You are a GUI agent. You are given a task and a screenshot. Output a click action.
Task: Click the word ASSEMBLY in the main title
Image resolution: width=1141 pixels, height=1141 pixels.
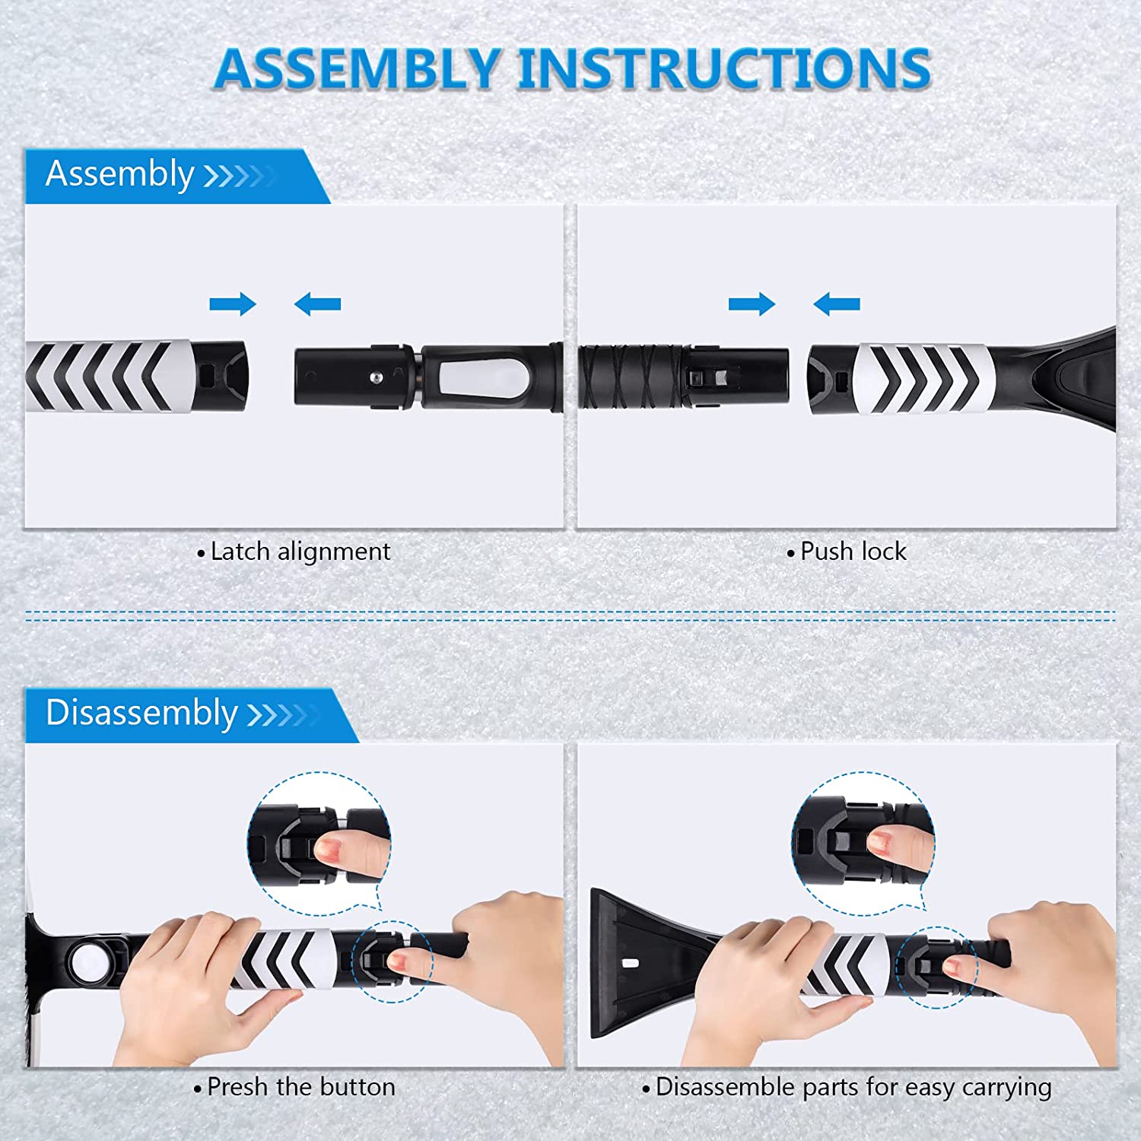pyautogui.click(x=358, y=68)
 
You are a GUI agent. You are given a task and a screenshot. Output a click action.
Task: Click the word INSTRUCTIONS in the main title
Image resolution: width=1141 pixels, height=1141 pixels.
pyautogui.click(x=725, y=68)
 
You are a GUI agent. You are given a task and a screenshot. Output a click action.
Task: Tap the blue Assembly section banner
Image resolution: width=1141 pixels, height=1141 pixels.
pyautogui.click(x=177, y=176)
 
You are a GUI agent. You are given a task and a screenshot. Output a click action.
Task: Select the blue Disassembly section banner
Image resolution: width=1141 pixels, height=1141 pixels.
pyautogui.click(x=192, y=715)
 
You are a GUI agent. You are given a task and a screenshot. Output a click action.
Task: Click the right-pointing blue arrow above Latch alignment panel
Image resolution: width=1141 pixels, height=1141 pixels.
pyautogui.click(x=233, y=304)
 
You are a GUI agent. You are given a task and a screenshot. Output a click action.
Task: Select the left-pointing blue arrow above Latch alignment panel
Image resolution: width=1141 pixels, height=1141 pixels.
pyautogui.click(x=317, y=304)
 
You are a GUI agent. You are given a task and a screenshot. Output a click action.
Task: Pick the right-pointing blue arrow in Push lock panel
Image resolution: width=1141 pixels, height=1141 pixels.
pyautogui.click(x=752, y=304)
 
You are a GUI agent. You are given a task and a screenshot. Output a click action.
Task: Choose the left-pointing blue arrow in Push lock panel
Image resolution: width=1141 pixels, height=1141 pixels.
pyautogui.click(x=837, y=304)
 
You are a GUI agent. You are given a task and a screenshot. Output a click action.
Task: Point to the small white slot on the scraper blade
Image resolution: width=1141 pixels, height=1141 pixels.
pyautogui.click(x=631, y=963)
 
